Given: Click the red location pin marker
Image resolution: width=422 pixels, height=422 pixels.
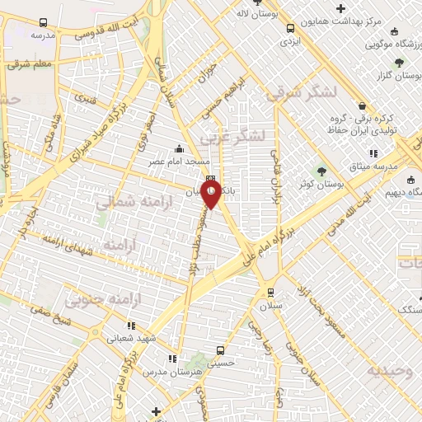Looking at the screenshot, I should coord(211,195).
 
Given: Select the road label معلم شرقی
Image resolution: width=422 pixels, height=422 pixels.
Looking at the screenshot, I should coord(32,63).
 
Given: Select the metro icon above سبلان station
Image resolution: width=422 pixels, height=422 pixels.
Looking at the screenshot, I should coord(270,293).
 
